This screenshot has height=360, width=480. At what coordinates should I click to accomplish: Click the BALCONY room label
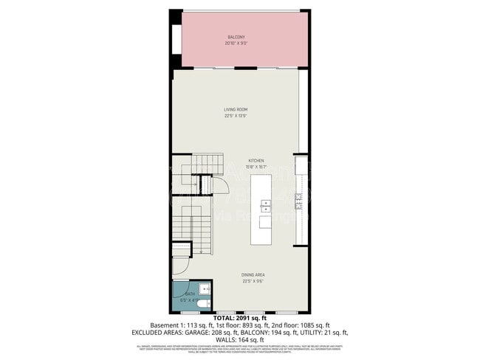(236, 37)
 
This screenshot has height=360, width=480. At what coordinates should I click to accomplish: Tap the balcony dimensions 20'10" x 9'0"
(236, 43)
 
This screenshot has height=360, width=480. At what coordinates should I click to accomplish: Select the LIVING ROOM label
(235, 109)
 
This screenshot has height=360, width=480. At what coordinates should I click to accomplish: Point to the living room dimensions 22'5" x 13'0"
(235, 115)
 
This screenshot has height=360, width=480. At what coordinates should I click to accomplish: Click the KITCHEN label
(256, 160)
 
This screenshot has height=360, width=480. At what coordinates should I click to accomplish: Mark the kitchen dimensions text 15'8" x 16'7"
(256, 166)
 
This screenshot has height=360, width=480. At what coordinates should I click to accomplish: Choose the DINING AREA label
(254, 274)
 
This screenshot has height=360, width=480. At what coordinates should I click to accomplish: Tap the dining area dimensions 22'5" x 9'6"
(254, 280)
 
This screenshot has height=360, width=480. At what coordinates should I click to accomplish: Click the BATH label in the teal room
(185, 294)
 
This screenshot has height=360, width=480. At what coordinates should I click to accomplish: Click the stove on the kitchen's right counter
(299, 201)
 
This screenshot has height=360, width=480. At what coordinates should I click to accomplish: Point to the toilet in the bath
(205, 302)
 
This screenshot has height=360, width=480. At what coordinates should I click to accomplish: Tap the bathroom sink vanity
(204, 288)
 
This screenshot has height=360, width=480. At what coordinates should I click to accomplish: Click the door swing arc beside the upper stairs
(220, 184)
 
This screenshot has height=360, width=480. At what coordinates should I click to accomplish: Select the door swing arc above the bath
(182, 264)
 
